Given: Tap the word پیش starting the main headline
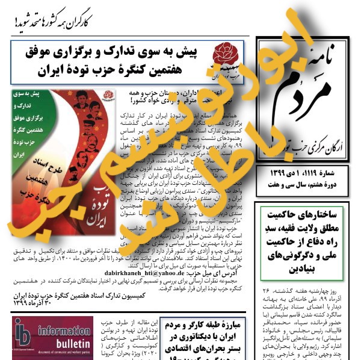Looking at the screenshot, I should coord(191,51).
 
